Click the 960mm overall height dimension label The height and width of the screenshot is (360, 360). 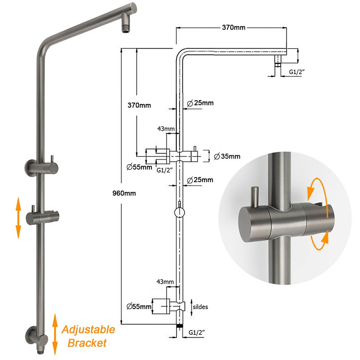124,193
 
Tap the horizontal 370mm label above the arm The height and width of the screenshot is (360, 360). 234,28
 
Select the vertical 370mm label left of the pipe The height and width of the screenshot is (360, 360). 139,105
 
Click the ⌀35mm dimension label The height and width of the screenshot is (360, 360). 227,156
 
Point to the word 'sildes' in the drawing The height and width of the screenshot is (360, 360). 200,307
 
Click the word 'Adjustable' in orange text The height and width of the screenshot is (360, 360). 89,330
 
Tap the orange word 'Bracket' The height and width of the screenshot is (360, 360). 87,343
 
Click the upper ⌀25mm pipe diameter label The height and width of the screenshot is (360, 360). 200,103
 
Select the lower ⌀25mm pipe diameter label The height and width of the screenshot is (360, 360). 200,180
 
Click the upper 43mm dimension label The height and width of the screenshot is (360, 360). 166,129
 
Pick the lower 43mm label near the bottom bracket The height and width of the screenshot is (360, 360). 165,282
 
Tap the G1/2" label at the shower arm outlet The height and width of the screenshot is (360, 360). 297,72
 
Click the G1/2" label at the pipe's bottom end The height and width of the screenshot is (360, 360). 197,332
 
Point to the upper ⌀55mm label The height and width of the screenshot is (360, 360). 139,167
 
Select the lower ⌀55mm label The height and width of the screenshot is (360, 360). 139,306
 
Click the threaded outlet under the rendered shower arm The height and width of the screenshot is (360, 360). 126,28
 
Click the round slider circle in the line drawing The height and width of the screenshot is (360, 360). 180,212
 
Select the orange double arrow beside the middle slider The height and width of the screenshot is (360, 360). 18,218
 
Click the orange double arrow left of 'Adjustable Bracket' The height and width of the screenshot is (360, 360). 55,334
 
